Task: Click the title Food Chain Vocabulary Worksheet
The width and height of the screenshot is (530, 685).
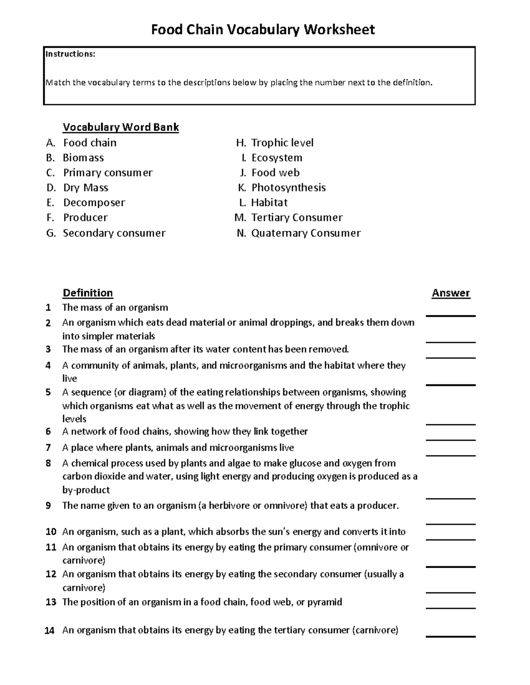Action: coord(263,30)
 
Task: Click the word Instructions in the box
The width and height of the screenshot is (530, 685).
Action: coord(70,54)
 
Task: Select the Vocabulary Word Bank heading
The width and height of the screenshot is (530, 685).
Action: coord(121,127)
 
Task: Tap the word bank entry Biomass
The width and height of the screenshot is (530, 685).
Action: coord(83,158)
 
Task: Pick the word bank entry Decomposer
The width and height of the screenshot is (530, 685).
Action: coord(94,203)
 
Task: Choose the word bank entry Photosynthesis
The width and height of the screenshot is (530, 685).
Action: coord(288,188)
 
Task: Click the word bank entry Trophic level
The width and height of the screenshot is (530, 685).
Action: coord(282,143)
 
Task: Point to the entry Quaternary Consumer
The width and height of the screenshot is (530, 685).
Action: coord(306,233)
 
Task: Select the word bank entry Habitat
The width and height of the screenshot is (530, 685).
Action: coord(269,203)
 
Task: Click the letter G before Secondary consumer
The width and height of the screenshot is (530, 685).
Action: coord(51,233)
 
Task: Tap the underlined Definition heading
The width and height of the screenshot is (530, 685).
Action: coord(87,293)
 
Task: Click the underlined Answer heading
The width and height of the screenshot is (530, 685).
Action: coord(450,293)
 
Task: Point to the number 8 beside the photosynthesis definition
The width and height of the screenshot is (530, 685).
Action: coord(48,463)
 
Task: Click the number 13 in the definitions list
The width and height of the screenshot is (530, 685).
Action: coord(51,602)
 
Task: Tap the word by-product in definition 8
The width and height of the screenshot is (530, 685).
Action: coord(86,490)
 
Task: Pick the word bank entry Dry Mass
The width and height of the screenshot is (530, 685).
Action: coord(86,188)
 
